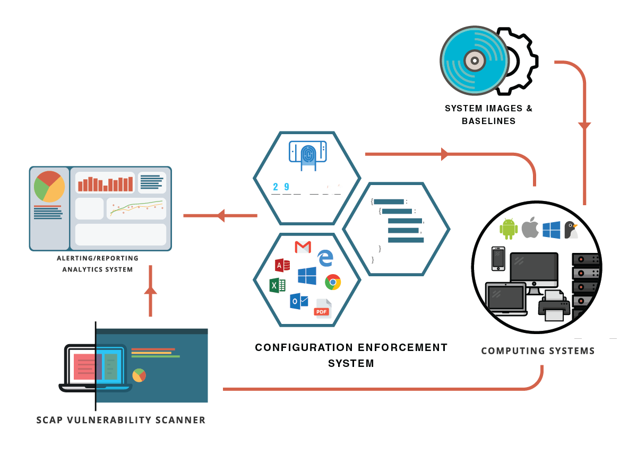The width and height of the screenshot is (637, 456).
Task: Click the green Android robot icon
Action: tap(509, 229)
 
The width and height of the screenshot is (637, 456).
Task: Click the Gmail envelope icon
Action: tap(303, 247)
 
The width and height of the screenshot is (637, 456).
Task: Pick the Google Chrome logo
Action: tap(333, 282)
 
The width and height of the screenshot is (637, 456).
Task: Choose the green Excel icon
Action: tap(277, 285)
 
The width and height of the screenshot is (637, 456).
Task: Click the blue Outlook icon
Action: tap(299, 301)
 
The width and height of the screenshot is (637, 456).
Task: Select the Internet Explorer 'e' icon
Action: tap(325, 258)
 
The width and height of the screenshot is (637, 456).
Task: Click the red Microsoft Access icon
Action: tap(282, 265)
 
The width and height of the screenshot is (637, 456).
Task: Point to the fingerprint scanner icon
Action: tap(308, 154)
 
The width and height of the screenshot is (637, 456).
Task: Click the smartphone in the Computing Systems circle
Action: tap(498, 259)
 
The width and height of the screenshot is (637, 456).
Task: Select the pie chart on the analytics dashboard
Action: tap(49, 186)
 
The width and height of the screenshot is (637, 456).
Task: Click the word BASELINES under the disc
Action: tap(488, 121)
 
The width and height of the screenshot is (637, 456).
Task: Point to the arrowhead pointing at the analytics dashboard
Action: tap(220, 215)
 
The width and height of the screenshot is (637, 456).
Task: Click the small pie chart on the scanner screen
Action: tap(139, 375)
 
